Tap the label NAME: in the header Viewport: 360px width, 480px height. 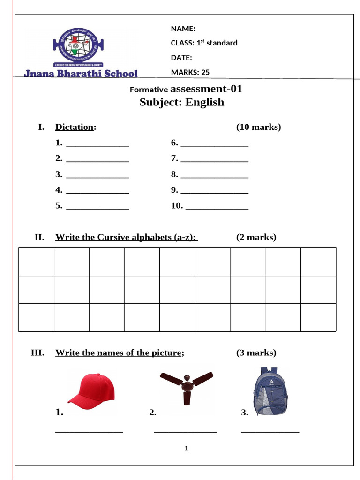point(183,29)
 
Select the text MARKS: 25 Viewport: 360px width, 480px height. point(190,72)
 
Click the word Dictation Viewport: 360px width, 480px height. point(75,127)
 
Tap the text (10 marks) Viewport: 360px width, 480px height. point(258,127)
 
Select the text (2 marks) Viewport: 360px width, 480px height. point(256,237)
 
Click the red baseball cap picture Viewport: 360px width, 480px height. point(92,389)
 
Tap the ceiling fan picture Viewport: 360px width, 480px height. point(186,387)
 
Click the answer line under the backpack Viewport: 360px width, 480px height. point(270,432)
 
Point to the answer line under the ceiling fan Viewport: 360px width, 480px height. point(185,432)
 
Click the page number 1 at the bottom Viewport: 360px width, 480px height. point(186,449)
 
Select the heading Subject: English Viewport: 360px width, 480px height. point(182,102)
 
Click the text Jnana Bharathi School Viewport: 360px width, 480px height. point(81,73)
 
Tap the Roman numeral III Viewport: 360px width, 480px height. point(37,353)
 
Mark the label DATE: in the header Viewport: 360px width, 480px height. point(181,58)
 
